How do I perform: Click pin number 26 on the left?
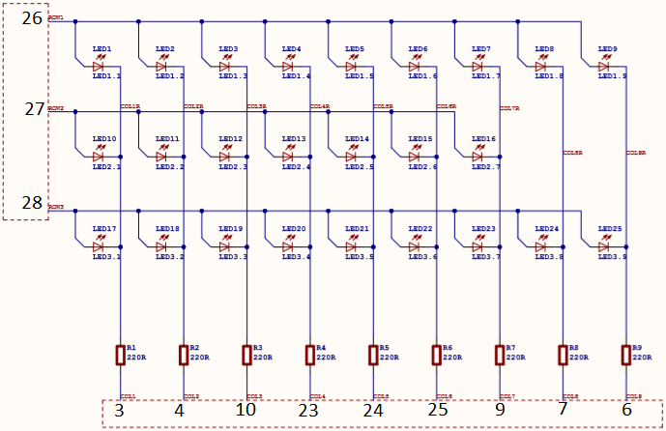(x=32, y=17)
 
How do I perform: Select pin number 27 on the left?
(x=34, y=109)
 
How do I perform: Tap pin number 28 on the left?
(x=32, y=203)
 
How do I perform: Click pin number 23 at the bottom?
(x=308, y=411)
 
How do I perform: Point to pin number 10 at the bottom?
(x=246, y=411)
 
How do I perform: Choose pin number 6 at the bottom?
(x=627, y=411)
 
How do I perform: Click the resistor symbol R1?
(x=120, y=355)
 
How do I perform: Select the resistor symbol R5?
(x=373, y=355)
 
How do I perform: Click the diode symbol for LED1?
(x=99, y=67)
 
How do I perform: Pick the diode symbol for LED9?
(x=604, y=67)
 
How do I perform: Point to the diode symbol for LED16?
(x=478, y=157)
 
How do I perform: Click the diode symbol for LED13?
(x=288, y=157)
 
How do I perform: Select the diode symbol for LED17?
(x=99, y=247)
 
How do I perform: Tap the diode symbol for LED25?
(x=604, y=247)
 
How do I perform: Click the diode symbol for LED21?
(x=352, y=247)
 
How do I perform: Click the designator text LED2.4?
(x=296, y=167)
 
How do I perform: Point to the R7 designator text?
(x=510, y=348)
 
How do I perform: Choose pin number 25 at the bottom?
(x=436, y=411)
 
